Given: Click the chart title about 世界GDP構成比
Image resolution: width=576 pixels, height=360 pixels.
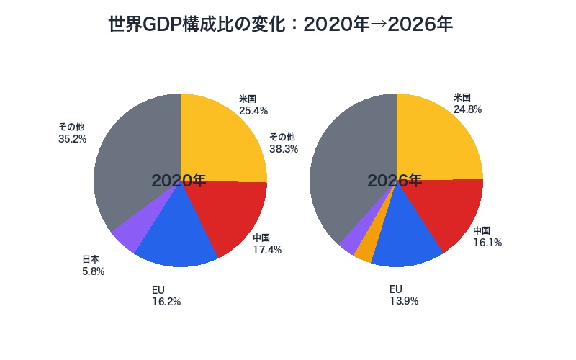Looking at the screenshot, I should point(280,24).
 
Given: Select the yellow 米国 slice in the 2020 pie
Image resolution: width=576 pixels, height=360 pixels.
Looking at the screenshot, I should point(220,140).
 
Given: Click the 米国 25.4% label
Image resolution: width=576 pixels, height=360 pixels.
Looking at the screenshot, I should point(253,104).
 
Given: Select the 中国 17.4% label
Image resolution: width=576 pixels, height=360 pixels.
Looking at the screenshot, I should point(266,244).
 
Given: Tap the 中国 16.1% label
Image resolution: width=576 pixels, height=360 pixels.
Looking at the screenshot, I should point(487,236).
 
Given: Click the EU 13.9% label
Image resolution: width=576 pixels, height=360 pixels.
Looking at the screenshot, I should point(403,294).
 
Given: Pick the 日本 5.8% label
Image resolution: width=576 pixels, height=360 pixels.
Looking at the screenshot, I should point(93,266).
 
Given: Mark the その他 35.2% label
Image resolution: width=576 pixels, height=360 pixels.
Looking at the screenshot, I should point(72,132).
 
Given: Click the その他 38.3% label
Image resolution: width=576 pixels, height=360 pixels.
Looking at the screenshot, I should point(283,143).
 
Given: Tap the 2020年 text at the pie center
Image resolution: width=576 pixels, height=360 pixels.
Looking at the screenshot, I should point(179,181).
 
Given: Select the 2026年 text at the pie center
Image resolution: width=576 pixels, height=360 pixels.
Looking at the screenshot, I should point(395,181).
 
